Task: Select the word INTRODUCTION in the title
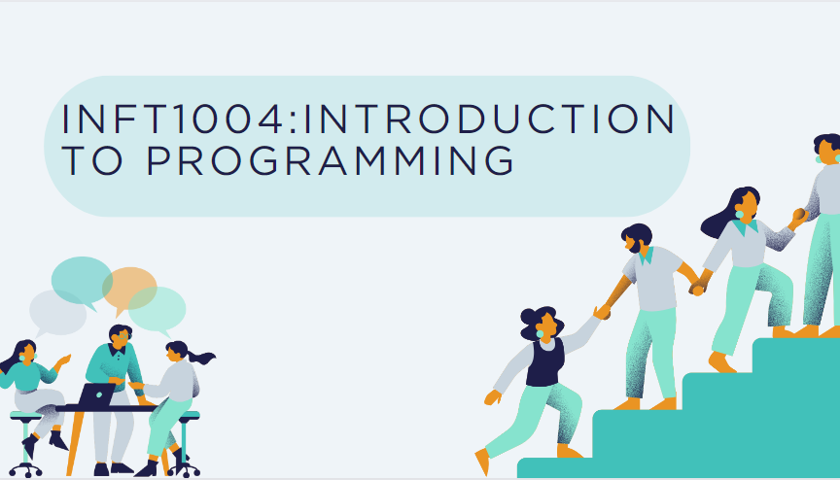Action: [x=496, y=119]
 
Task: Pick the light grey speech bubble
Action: [x=57, y=311]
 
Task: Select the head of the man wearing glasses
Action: [x=120, y=337]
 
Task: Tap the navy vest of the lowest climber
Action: [x=545, y=363]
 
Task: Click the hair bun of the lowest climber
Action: [x=527, y=317]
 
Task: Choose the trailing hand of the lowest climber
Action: [x=492, y=397]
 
